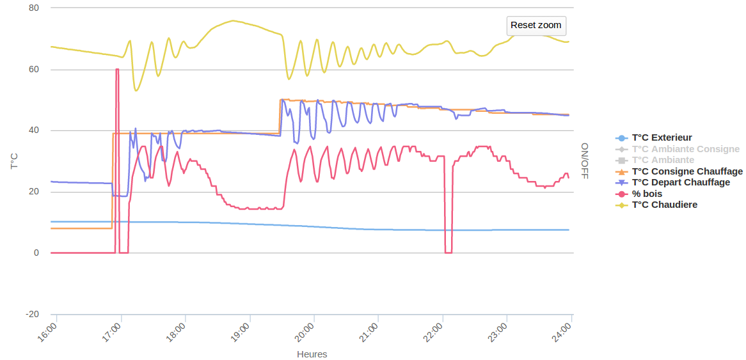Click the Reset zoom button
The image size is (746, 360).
pyautogui.click(x=536, y=26)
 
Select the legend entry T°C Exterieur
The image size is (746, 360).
pyautogui.click(x=662, y=137)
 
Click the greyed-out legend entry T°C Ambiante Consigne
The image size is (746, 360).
pyautogui.click(x=685, y=149)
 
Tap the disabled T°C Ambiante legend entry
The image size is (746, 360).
pyautogui.click(x=663, y=160)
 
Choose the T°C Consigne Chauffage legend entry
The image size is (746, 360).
pyautogui.click(x=687, y=171)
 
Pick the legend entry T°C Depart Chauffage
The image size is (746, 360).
pyautogui.click(x=681, y=182)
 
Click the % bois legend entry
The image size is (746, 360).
pyautogui.click(x=647, y=194)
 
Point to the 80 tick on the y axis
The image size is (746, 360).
pyautogui.click(x=34, y=8)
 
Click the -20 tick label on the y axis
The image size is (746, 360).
pyautogui.click(x=32, y=314)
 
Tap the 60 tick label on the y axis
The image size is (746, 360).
pyautogui.click(x=34, y=70)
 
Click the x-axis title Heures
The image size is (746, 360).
pyautogui.click(x=312, y=354)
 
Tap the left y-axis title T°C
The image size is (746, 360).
pyautogui.click(x=14, y=161)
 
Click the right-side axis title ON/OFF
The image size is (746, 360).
pyautogui.click(x=584, y=160)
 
